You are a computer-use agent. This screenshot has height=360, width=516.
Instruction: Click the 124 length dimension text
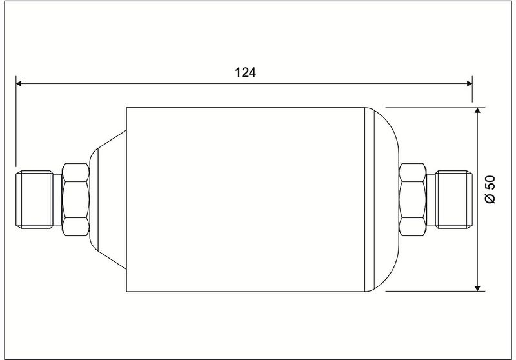point(245,72)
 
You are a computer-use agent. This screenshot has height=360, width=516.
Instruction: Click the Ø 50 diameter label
point(490,190)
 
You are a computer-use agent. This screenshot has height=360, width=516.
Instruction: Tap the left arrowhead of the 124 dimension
point(19,84)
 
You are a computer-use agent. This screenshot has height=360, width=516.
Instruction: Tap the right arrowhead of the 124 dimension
point(470,84)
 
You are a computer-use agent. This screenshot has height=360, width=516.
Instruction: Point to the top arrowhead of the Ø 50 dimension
point(477,110)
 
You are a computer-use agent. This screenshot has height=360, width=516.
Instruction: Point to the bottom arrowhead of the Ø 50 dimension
point(477,288)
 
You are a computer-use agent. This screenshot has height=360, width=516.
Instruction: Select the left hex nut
point(75,199)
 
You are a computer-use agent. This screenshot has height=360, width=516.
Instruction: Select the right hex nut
point(413,199)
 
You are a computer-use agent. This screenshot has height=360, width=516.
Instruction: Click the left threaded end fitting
point(34,199)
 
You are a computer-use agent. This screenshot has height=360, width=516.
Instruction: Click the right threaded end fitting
point(454,199)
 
